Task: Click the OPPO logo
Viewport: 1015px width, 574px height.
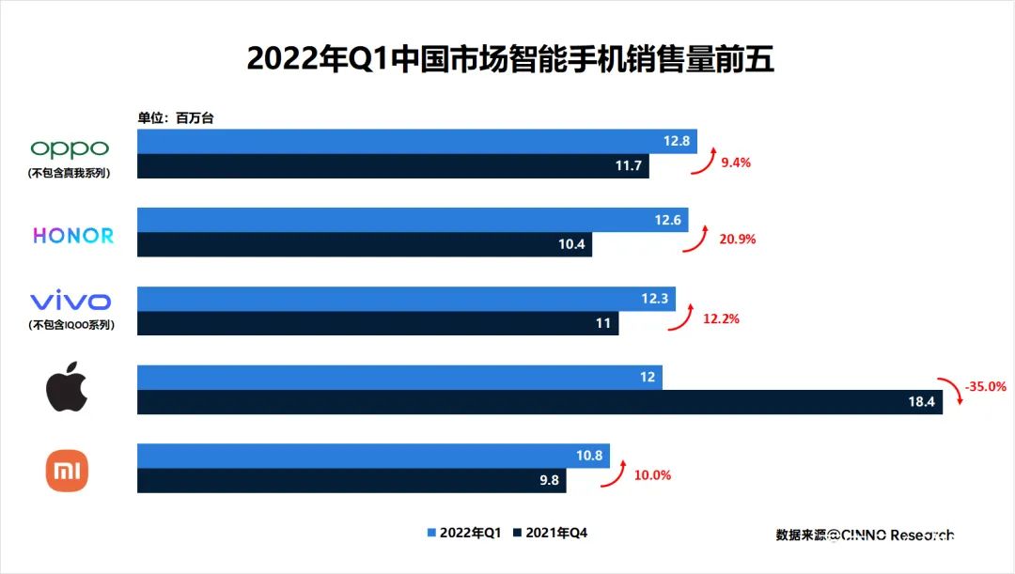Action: (70, 148)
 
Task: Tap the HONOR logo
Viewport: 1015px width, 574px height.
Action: (73, 236)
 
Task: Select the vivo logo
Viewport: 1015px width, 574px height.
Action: (70, 302)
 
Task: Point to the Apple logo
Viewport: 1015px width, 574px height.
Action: (68, 390)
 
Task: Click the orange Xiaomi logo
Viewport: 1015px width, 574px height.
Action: (68, 471)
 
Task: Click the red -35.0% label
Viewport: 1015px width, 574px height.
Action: (985, 386)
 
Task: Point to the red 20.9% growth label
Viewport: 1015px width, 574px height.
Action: (738, 240)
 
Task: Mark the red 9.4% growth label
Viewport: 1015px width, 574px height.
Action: (736, 162)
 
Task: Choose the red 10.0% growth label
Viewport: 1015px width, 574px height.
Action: (652, 475)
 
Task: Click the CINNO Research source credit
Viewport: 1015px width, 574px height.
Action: (865, 535)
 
